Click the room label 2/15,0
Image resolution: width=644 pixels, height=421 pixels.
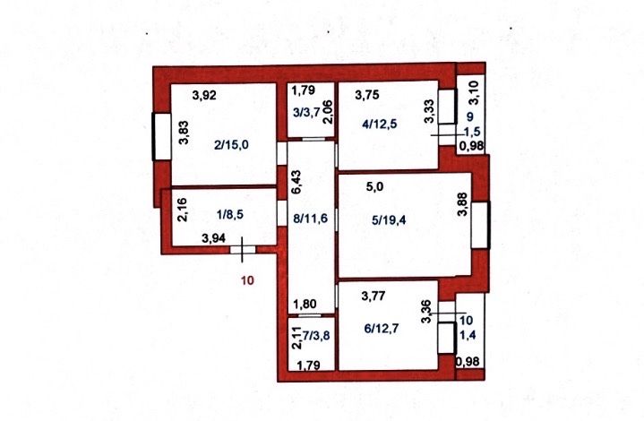point(231,144)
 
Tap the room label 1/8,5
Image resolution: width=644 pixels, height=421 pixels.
point(232,213)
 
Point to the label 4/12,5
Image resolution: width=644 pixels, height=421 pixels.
point(380,124)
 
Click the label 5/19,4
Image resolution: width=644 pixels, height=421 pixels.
point(389,220)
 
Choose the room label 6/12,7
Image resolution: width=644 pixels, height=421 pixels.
point(382,329)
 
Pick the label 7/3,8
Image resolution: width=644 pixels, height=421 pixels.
point(315,336)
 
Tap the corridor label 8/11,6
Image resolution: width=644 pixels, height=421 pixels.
point(310,218)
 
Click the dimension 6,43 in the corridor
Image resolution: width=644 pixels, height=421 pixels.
point(296,182)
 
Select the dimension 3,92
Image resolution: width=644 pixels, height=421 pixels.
point(204,95)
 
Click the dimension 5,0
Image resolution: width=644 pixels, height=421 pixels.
point(374,187)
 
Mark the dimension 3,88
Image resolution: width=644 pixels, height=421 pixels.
point(462,204)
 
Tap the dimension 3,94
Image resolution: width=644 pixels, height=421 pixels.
point(213,238)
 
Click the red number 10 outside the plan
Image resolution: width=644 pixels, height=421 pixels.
point(248,280)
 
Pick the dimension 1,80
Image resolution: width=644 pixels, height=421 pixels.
point(305,304)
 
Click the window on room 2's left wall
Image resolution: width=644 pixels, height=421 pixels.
point(161,136)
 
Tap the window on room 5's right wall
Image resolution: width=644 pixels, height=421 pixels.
point(480,225)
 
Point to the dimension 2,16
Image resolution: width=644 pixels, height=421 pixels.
point(183,210)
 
